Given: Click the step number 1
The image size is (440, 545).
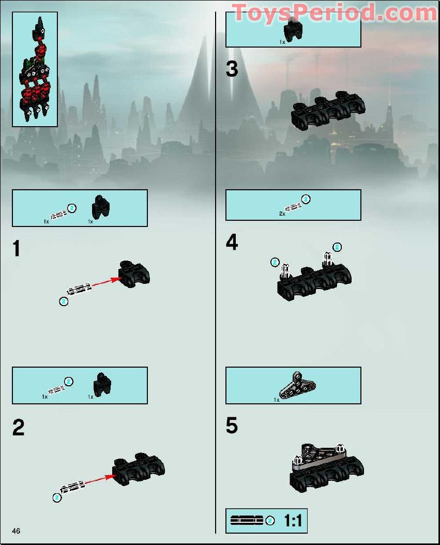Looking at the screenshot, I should [17, 249].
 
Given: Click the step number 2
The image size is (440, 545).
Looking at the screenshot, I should [18, 428].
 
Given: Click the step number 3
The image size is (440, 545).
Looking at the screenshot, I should [232, 69].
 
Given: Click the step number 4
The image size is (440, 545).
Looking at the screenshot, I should [232, 242].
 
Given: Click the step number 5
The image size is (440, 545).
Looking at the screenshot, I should [232, 426].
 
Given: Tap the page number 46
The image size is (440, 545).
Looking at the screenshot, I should [17, 531].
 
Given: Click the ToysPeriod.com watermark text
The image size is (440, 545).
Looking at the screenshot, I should [334, 13].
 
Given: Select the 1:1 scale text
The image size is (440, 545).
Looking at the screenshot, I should [293, 521].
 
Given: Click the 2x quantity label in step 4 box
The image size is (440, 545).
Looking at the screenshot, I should [282, 213].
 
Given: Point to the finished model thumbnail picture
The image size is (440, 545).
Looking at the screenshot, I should [35, 69].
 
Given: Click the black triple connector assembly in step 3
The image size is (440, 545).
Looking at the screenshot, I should [328, 111].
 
